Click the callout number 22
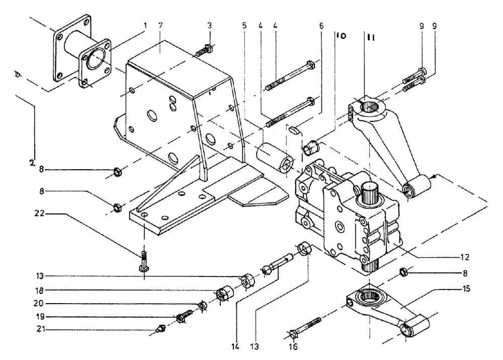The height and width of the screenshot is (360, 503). tap(39, 213)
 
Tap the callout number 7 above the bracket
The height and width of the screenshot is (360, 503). tap(160, 25)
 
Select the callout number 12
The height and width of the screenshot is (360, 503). tap(464, 257)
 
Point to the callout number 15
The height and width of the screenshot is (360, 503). tap(466, 289)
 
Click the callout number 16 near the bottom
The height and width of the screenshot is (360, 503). tap(293, 346)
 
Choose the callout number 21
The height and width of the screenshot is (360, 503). tap(40, 329)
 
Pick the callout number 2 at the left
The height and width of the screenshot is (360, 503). tap(31, 163)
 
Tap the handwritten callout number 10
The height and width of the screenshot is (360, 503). tap(341, 35)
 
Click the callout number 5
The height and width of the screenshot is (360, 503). tap(244, 25)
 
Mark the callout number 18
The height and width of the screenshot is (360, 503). tap(39, 291)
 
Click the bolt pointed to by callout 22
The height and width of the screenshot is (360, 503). tap(144, 261)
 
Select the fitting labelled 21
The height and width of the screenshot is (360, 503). tap(159, 328)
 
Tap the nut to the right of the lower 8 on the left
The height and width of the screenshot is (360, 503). tap(117, 207)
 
